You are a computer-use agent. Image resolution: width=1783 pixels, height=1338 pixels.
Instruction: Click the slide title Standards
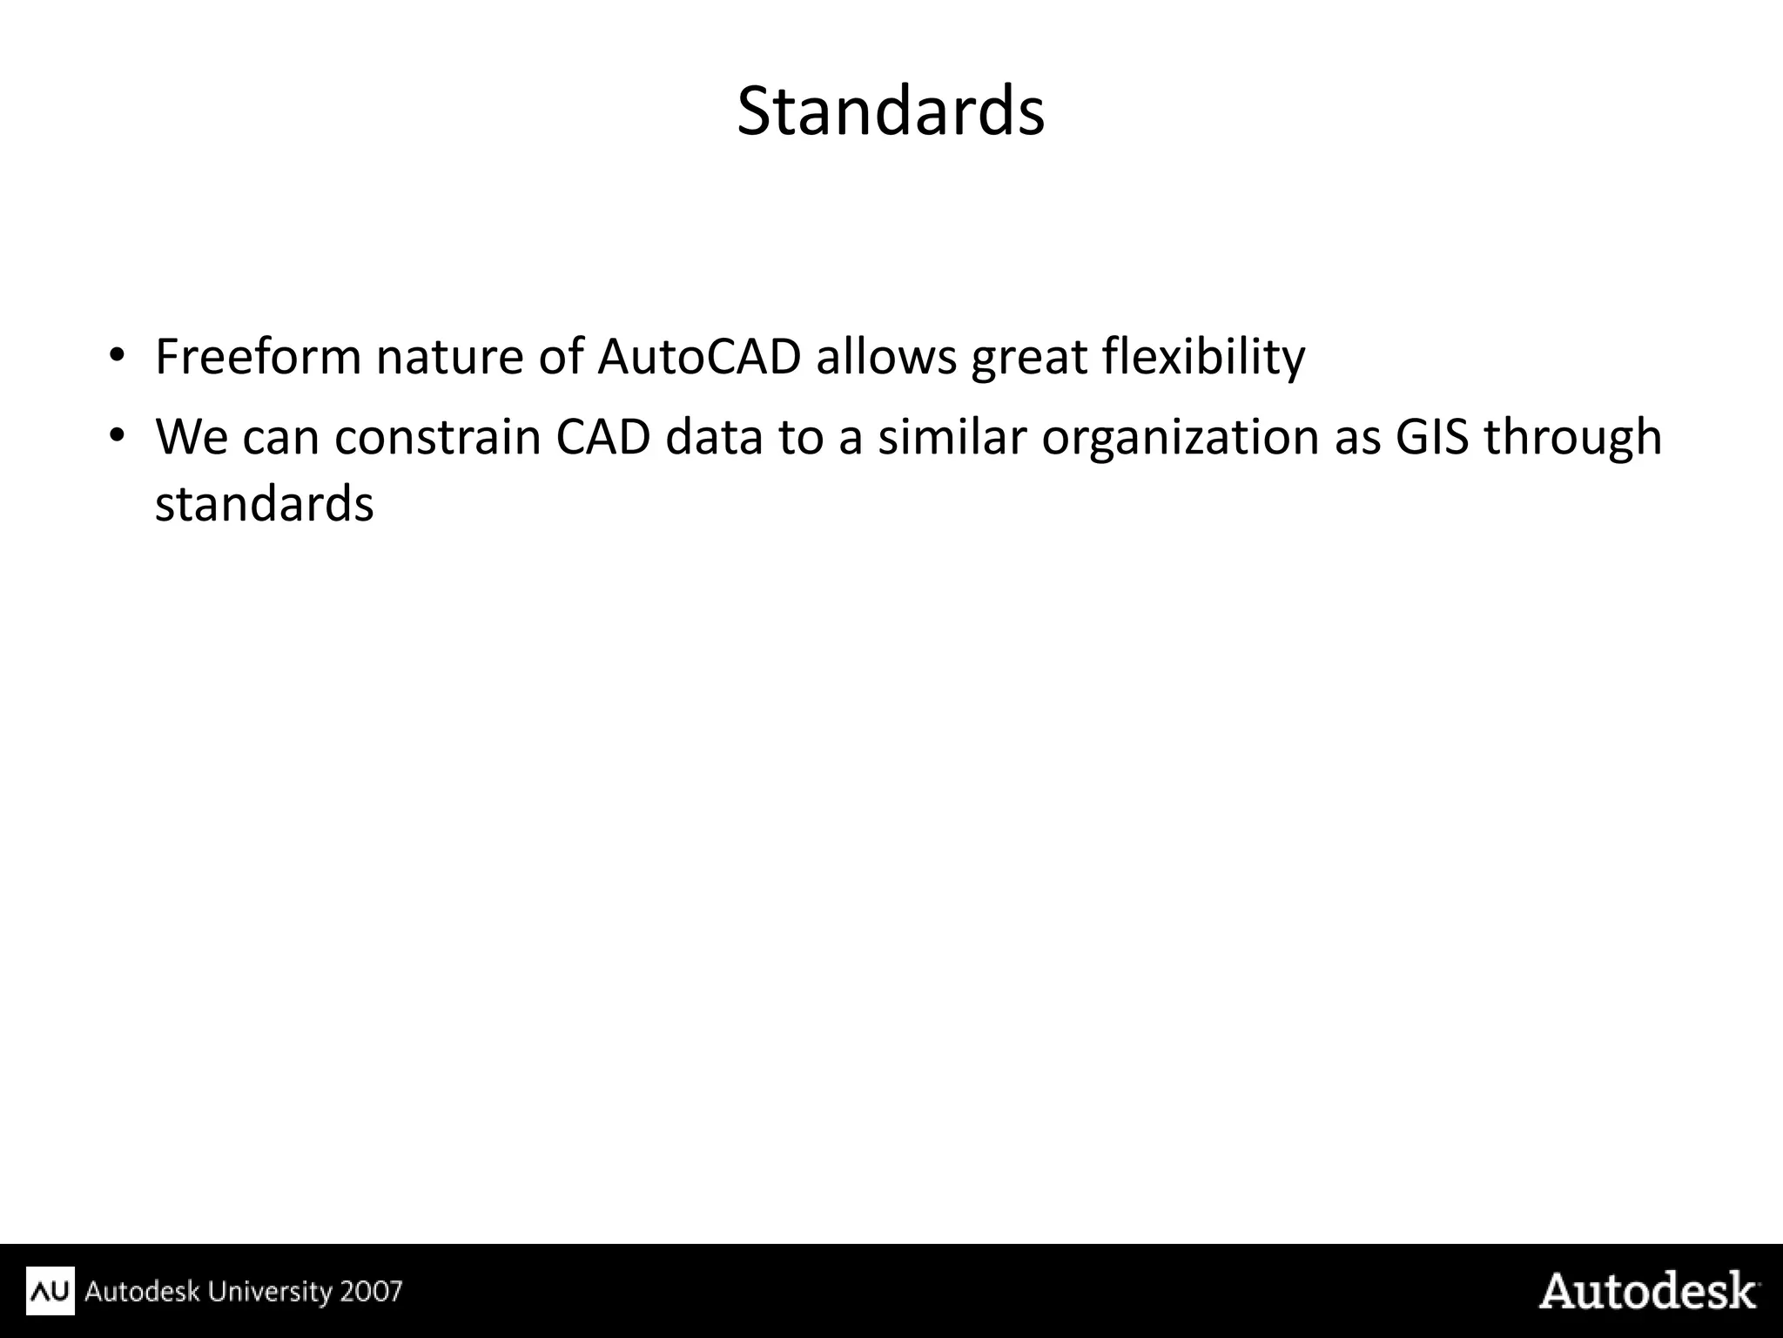(890, 111)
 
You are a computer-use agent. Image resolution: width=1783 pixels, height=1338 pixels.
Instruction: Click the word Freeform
(258, 357)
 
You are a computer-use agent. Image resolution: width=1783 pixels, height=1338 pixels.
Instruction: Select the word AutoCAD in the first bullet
(699, 357)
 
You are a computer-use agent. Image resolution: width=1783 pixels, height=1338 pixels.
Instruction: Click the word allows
(886, 357)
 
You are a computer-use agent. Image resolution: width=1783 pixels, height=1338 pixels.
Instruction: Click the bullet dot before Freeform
(118, 355)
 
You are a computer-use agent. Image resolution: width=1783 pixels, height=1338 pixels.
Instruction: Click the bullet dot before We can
(118, 434)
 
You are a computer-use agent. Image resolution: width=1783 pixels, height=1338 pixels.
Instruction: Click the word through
(1573, 439)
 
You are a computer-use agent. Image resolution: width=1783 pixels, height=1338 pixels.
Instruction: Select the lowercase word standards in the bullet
(265, 504)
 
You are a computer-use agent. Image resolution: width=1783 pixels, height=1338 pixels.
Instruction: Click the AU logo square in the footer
(50, 1290)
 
